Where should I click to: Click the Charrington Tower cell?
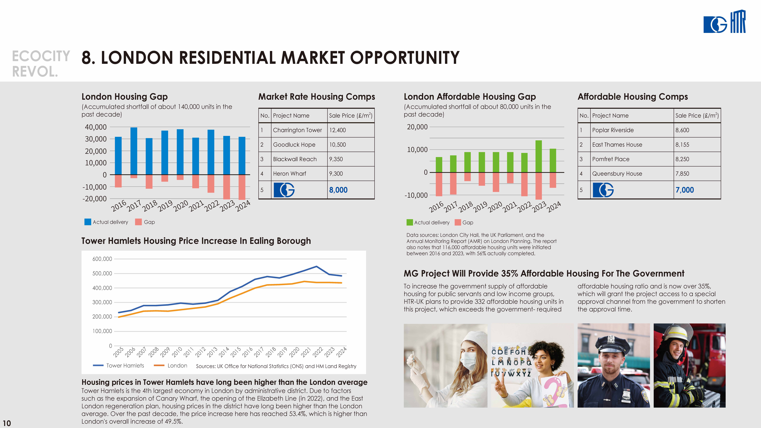(x=297, y=130)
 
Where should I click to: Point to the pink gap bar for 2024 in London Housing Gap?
(x=242, y=187)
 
